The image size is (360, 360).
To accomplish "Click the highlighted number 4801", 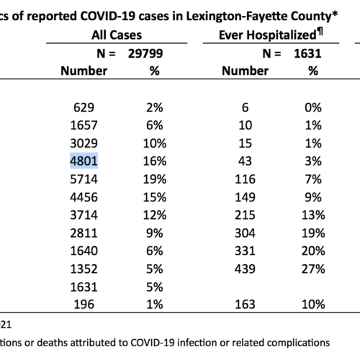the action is pos(84,161).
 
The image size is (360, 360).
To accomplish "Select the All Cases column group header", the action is pos(117,35).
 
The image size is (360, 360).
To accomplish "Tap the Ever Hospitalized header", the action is pos(268,35).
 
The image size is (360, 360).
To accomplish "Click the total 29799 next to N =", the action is pos(145,53).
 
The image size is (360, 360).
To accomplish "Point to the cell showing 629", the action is pos(84,107).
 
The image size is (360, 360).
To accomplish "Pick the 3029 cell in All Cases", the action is pos(84,143).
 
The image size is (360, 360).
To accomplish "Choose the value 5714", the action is pos(84,179).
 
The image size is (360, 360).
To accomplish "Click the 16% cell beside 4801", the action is pos(155,161).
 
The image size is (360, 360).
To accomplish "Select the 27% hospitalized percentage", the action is pos(313,269).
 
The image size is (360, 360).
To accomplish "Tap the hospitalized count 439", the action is pos(245,269).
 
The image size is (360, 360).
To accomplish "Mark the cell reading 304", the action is pos(245,233).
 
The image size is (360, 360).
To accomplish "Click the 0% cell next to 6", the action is pos(313,107).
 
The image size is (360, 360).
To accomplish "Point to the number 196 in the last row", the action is pos(84,305).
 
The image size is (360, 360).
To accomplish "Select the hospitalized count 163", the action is pos(245,305).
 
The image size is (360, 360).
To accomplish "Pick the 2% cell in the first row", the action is pos(155,107).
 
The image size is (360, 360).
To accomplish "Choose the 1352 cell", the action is pos(84,269).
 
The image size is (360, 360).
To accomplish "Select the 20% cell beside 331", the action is pos(313,251).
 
